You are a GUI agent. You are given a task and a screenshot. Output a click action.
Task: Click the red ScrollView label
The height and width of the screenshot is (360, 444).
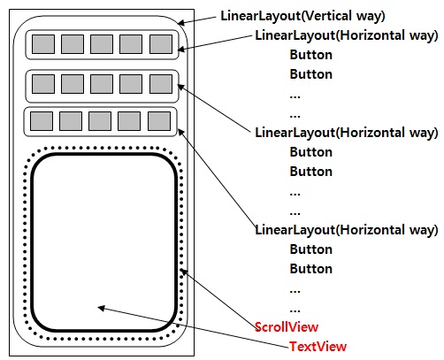click(x=287, y=327)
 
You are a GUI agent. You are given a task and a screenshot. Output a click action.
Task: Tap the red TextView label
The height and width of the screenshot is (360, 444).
click(x=318, y=347)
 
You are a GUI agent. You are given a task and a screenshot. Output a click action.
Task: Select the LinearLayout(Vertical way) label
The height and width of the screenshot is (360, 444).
click(x=302, y=16)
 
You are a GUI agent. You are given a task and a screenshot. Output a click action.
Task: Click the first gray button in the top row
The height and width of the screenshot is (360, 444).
click(x=43, y=44)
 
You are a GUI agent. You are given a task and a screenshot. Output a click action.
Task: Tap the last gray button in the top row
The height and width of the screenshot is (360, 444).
click(x=161, y=44)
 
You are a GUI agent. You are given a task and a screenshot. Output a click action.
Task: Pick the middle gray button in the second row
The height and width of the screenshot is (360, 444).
click(x=102, y=84)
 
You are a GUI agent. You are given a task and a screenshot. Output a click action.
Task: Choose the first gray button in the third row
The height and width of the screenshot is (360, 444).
click(x=42, y=121)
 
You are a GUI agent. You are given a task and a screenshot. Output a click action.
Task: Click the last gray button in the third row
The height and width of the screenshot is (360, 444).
click(x=159, y=121)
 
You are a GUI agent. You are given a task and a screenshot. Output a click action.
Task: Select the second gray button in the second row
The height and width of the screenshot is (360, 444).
click(x=73, y=84)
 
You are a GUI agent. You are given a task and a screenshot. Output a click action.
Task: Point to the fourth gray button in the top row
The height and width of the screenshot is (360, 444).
click(x=131, y=44)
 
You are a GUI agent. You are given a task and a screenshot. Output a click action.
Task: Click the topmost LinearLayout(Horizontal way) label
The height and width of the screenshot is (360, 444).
click(x=347, y=35)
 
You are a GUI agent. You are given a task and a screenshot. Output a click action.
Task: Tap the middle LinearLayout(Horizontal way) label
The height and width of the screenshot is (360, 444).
click(x=347, y=133)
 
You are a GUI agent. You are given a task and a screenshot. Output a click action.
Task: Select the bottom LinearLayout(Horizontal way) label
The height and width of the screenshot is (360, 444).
click(x=347, y=230)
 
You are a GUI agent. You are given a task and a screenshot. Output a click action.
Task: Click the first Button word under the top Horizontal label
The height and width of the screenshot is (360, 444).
click(x=311, y=55)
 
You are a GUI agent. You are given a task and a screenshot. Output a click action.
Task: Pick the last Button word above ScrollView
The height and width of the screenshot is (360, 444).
click(x=311, y=269)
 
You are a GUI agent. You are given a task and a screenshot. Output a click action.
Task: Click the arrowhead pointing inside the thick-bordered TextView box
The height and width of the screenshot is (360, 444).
click(x=101, y=308)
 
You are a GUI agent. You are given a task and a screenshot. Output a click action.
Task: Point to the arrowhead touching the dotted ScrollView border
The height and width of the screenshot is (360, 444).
click(x=184, y=272)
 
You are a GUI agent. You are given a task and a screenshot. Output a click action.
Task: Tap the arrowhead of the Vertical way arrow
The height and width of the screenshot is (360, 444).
click(x=181, y=23)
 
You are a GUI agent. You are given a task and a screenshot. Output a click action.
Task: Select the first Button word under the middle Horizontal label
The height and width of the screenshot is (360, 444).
click(x=311, y=152)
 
